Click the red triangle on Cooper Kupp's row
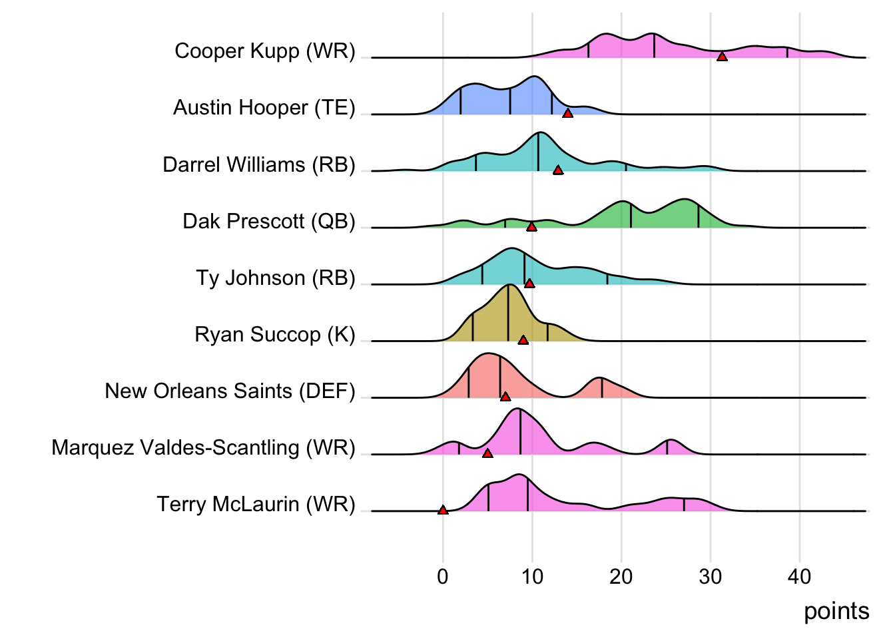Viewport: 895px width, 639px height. pos(722,57)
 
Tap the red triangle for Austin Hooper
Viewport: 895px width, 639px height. pos(567,114)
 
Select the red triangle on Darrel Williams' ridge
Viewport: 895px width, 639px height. pos(558,170)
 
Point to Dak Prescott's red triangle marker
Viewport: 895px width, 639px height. pos(531,227)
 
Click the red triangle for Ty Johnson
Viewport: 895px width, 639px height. pos(529,284)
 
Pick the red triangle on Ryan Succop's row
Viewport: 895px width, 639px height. pos(523,340)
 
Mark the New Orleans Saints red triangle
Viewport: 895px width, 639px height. pos(505,397)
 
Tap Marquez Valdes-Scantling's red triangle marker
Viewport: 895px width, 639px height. pos(487,453)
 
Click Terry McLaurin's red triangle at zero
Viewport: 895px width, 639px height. pos(443,510)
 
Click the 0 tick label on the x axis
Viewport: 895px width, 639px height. pos(443,576)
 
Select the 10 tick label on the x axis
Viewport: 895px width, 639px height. pos(532,576)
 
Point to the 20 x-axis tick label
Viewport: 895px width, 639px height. pos(621,576)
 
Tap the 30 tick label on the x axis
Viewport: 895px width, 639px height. pos(711,576)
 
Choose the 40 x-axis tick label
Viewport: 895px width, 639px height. pos(800,576)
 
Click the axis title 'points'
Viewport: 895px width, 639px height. pos(836,611)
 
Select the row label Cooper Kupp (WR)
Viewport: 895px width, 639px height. pos(265,51)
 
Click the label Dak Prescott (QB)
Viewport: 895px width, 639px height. pos(269,221)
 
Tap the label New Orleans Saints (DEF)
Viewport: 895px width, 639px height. pos(230,391)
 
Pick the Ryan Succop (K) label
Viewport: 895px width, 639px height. pos(275,334)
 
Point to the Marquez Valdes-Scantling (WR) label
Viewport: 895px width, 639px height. pos(204,447)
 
